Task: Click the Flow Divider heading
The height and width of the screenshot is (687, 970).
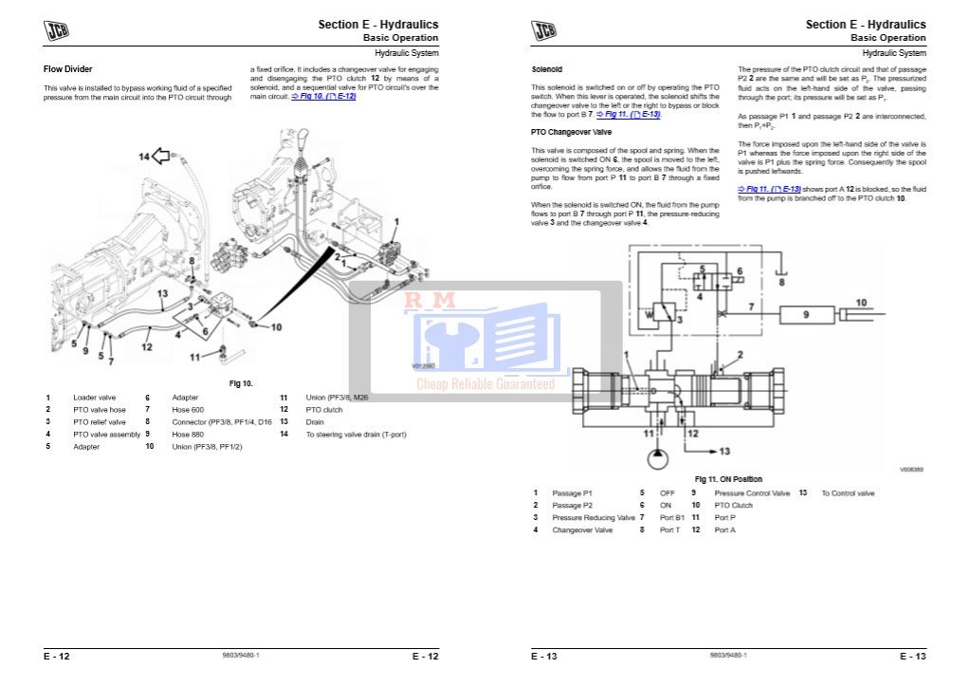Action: tap(68, 69)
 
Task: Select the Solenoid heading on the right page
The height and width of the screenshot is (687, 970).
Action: tap(546, 69)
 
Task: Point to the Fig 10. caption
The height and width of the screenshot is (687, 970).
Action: tap(241, 383)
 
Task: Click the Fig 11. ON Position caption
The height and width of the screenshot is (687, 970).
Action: tap(728, 479)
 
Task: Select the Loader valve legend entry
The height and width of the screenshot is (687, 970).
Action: tap(95, 398)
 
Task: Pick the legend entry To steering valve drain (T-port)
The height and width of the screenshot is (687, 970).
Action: tap(356, 435)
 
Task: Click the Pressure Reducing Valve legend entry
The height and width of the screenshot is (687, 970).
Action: tap(594, 517)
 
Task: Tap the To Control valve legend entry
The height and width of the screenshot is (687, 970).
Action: tap(848, 492)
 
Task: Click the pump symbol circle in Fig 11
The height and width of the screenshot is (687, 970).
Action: tap(655, 459)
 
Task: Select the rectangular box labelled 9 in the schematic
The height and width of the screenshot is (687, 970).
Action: tap(807, 312)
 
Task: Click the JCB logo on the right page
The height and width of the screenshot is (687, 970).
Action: tap(544, 30)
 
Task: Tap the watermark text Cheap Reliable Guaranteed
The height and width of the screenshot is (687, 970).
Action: tap(485, 384)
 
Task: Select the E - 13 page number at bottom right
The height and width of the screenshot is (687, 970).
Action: tap(912, 656)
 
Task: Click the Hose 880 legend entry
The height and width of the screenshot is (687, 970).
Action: tap(188, 435)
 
